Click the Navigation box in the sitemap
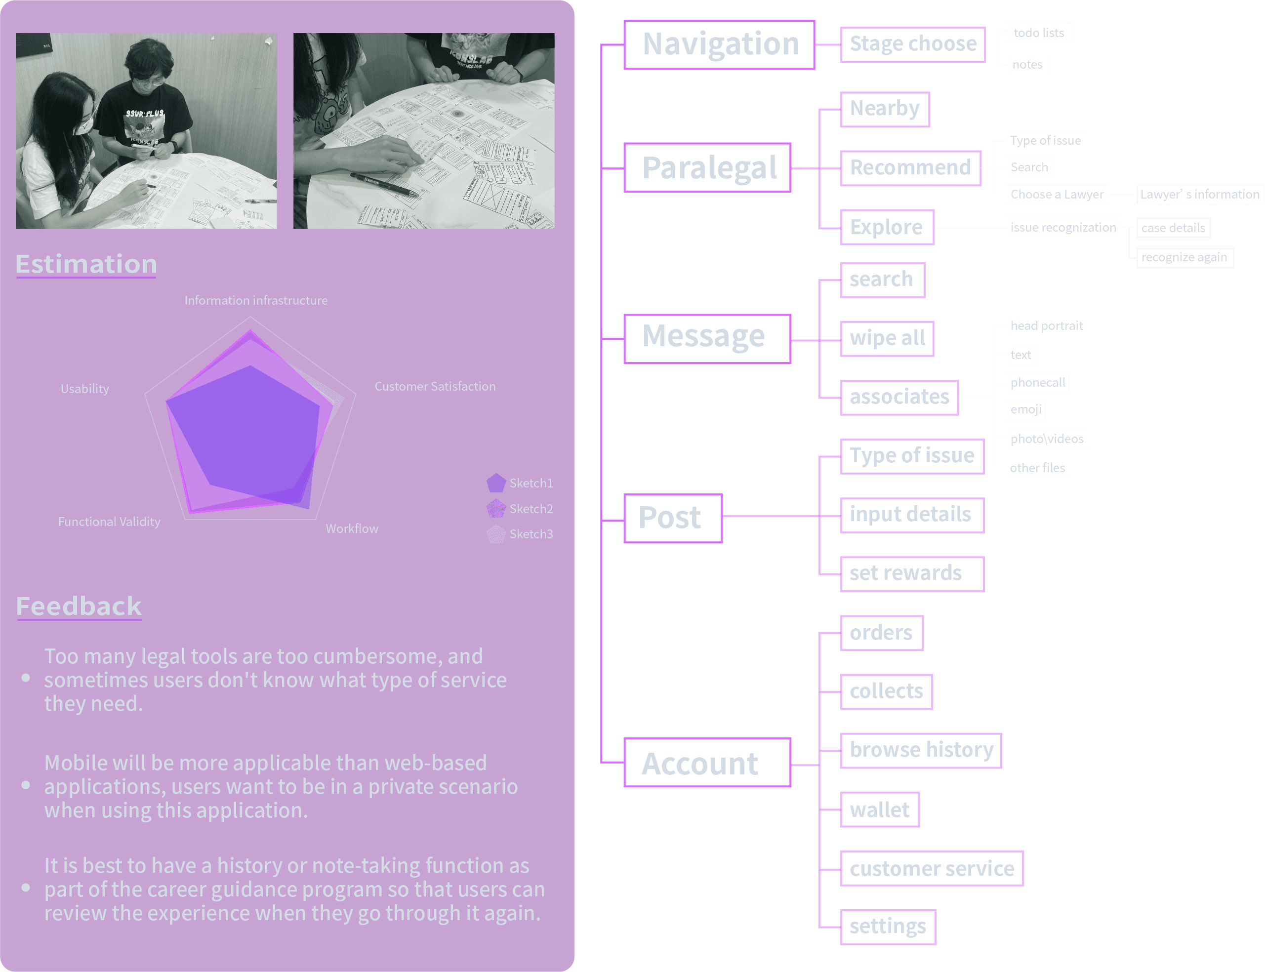tap(719, 44)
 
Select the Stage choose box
tap(912, 44)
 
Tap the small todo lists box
tap(1039, 33)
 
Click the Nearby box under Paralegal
tap(884, 109)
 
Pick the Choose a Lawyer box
tap(1057, 195)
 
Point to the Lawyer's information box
tap(1199, 195)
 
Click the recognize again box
tap(1184, 257)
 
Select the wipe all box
tap(887, 338)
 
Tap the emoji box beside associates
tap(1026, 409)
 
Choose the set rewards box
tap(911, 573)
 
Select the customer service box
tap(931, 868)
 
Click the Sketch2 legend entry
tap(520, 509)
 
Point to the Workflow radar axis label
tap(352, 528)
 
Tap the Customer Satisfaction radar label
tap(435, 387)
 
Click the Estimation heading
tap(86, 264)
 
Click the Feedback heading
tap(79, 607)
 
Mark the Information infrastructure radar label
tap(256, 300)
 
